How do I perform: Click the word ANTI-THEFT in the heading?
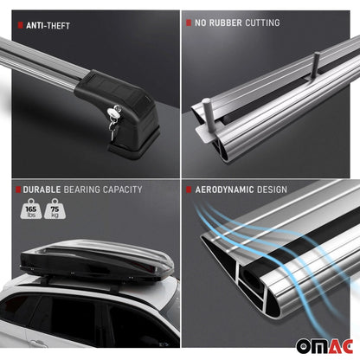click(x=47, y=26)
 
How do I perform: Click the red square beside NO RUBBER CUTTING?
click(x=189, y=22)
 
